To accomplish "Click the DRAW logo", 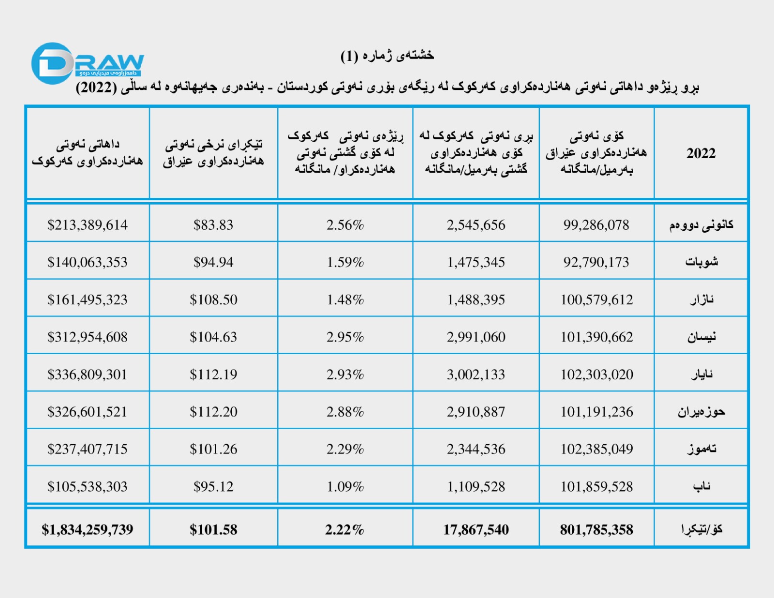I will click(87, 63).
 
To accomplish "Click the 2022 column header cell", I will click(700, 153).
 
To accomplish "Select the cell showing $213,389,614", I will click(88, 225).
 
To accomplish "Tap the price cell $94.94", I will click(213, 262).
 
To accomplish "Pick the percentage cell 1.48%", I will click(345, 300).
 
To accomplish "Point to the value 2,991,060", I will click(476, 337).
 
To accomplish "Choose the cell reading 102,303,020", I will click(596, 374).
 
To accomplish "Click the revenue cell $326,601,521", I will click(88, 412).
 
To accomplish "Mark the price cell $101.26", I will click(213, 449).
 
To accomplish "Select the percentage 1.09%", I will click(345, 487).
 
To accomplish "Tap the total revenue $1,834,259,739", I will click(88, 529).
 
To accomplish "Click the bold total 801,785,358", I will click(596, 530).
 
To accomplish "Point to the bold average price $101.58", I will click(213, 530).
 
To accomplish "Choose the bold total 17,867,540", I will click(476, 530).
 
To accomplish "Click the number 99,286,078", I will click(596, 225).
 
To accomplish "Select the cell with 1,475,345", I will click(476, 262).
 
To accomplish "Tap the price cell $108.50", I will click(213, 300).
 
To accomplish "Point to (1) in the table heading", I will click(349, 56).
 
